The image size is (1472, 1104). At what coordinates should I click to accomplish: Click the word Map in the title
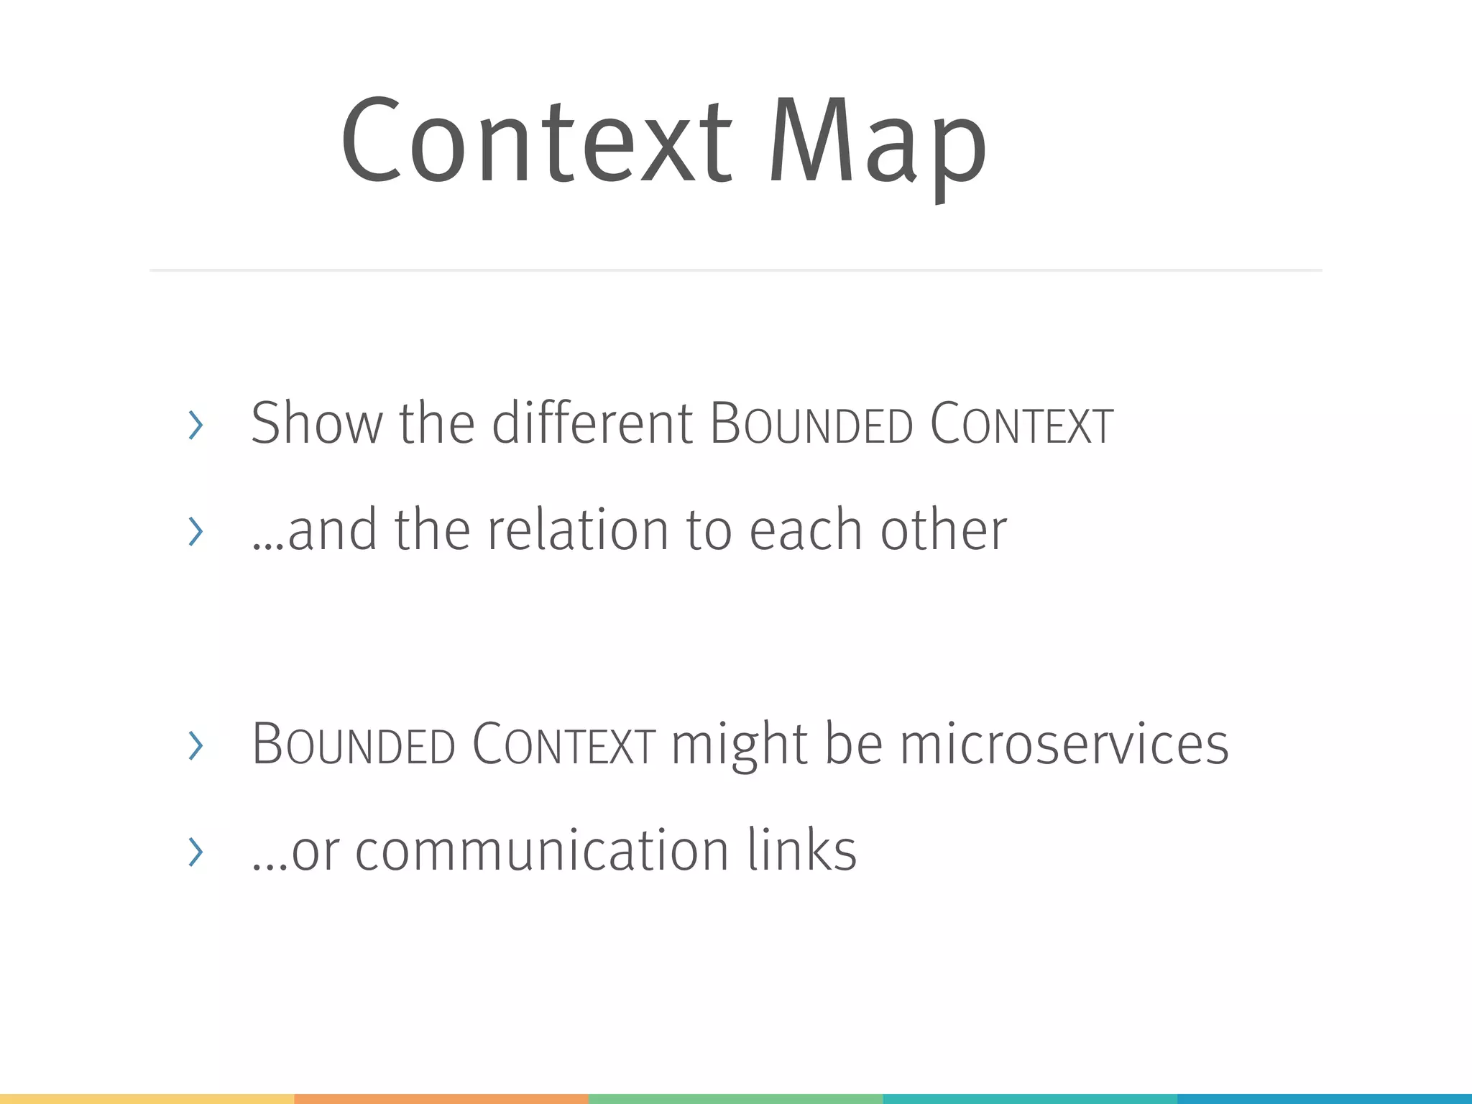tap(878, 142)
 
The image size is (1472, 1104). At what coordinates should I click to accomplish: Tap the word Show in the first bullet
tap(316, 423)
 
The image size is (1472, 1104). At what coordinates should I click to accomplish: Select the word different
tap(592, 423)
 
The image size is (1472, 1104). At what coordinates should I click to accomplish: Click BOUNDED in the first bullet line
tap(811, 424)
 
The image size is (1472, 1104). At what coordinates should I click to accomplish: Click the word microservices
tap(1064, 745)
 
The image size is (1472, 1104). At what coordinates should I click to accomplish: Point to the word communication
tap(543, 850)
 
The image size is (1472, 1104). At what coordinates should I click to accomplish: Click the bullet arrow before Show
tap(195, 425)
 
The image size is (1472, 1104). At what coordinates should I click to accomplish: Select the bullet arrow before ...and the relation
tap(195, 531)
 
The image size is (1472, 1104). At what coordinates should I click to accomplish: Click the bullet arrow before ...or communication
tap(195, 852)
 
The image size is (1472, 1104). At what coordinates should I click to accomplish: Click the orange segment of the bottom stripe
tap(441, 1099)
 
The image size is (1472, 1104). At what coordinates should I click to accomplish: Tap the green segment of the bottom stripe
tap(736, 1099)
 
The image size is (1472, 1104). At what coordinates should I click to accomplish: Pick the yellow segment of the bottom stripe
tap(147, 1099)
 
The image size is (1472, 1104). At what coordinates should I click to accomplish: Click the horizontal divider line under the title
tap(736, 270)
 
